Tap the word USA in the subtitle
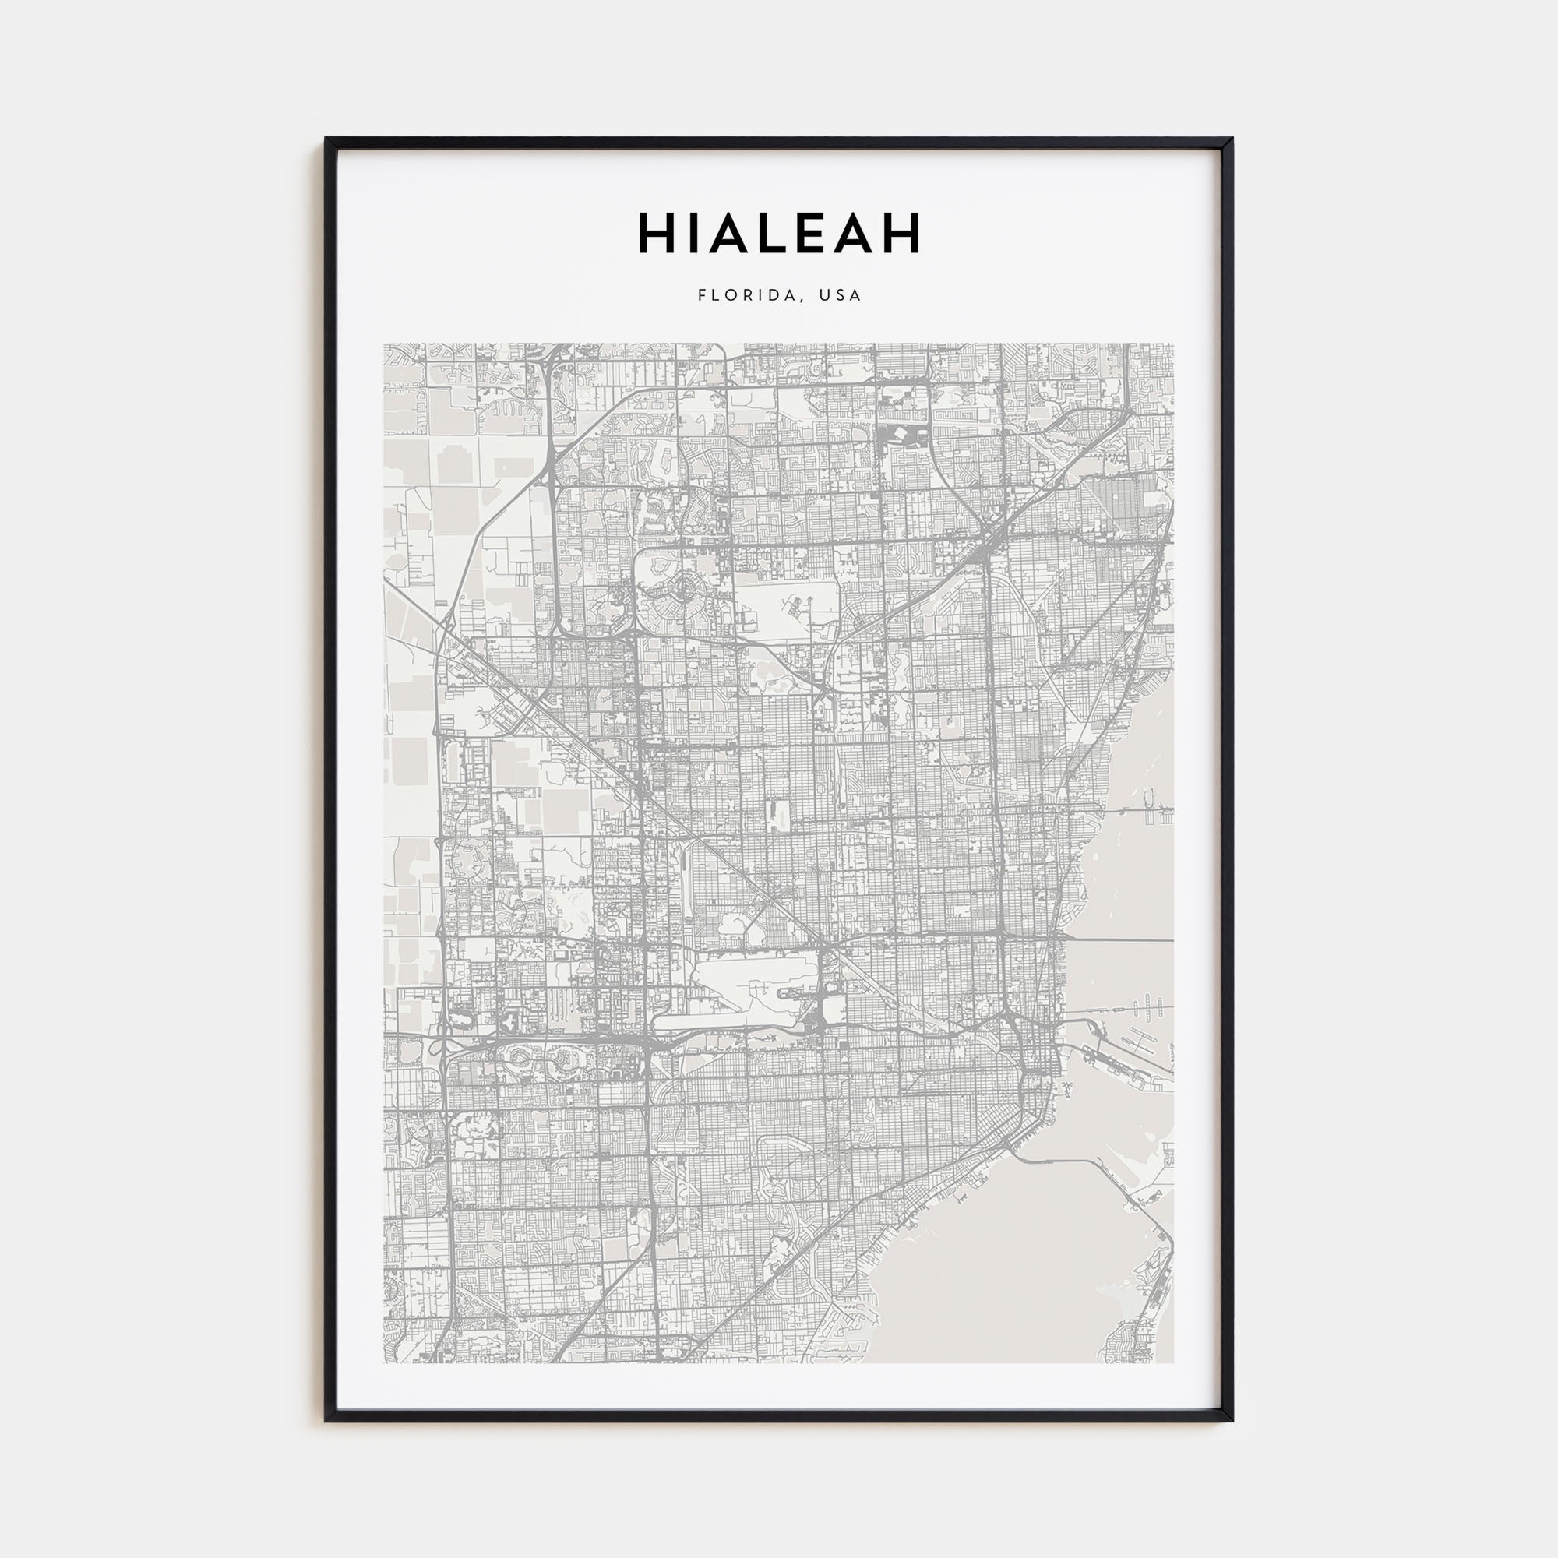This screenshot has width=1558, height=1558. (x=841, y=295)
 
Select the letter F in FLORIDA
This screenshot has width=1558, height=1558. (x=702, y=295)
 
